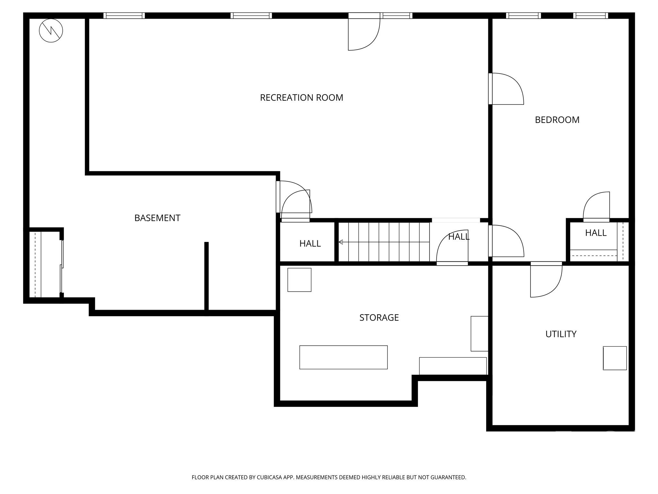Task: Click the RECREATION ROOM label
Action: (x=301, y=97)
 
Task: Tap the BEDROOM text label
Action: (x=557, y=120)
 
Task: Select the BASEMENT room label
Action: (x=157, y=218)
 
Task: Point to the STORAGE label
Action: (x=379, y=317)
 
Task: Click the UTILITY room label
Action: (x=561, y=334)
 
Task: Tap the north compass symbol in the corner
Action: (x=51, y=31)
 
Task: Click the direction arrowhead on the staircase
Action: (x=341, y=242)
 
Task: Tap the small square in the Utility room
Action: (x=614, y=358)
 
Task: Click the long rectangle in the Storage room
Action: (x=343, y=357)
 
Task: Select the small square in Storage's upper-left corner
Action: (x=299, y=280)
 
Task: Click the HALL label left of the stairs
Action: (x=310, y=243)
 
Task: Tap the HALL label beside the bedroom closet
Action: (x=595, y=233)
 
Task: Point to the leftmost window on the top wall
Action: (x=124, y=15)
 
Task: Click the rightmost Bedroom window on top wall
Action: (x=590, y=15)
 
